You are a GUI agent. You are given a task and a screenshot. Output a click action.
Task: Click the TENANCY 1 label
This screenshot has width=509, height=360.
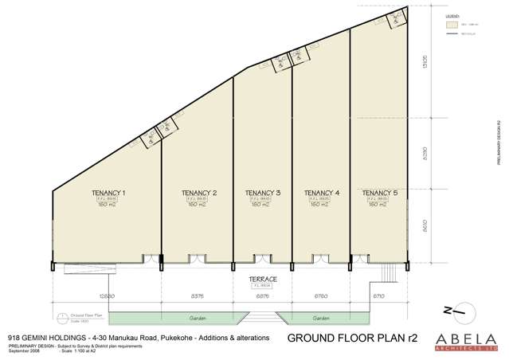point(113,193)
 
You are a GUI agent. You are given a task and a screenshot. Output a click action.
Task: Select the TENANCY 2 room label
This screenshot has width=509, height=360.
point(199,193)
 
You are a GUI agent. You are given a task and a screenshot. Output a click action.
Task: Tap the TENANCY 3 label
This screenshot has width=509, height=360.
point(263,193)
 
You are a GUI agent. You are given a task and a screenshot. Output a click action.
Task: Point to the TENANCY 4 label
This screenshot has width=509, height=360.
point(321,193)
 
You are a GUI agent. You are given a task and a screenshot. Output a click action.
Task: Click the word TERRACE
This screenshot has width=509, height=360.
point(262,280)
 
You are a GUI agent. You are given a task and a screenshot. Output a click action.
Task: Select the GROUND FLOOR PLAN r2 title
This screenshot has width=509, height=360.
point(346,338)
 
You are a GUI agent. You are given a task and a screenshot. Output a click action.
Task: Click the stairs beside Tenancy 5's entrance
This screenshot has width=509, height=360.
point(388,271)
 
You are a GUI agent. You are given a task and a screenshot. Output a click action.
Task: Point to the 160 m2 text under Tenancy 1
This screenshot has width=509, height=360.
point(113,205)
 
